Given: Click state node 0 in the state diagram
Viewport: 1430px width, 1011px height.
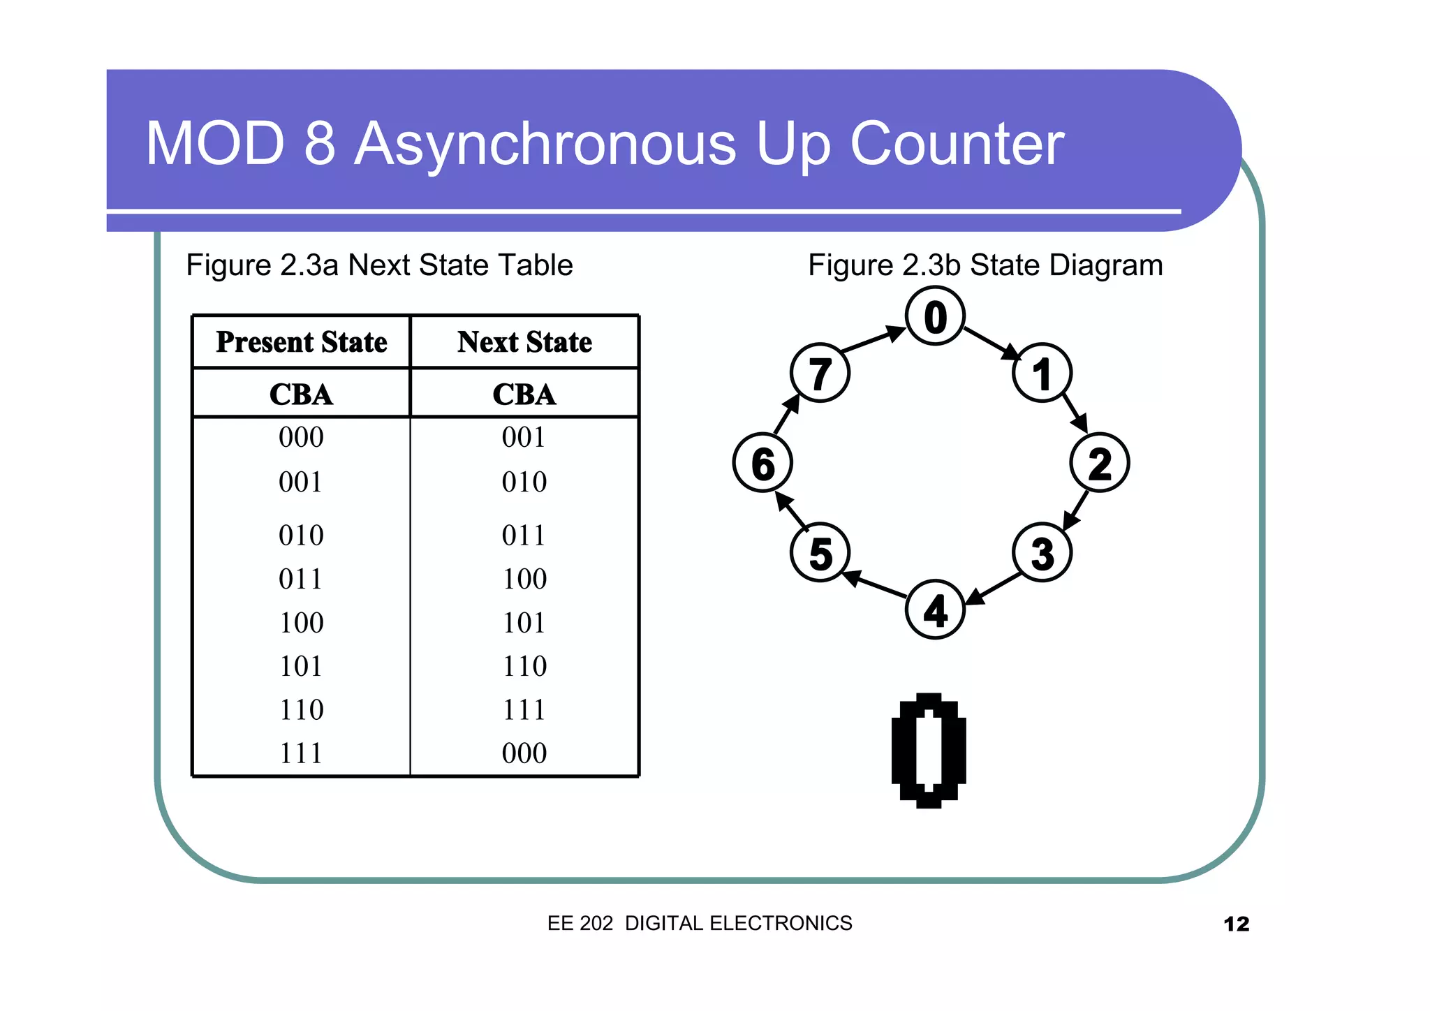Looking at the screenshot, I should tap(935, 317).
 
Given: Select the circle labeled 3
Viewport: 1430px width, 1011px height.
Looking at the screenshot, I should tap(1042, 553).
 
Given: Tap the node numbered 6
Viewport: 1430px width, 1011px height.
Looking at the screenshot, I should tap(762, 463).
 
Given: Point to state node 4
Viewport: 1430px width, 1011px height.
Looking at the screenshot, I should tap(935, 610).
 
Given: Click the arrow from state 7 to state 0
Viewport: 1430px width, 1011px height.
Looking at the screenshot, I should tap(873, 339).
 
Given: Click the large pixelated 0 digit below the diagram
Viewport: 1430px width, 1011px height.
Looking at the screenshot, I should tap(929, 751).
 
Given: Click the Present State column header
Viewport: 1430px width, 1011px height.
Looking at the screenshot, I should tap(301, 342).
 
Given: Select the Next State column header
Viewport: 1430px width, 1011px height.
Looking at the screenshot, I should tap(524, 342).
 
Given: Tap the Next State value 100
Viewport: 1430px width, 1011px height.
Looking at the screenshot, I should tap(524, 579).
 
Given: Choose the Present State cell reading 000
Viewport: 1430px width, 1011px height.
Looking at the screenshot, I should tap(301, 437).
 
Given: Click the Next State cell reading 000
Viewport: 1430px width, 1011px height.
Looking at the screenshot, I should tap(524, 753).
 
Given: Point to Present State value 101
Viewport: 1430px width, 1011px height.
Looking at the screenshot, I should tap(301, 666).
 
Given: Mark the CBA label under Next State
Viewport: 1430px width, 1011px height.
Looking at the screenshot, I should tap(524, 394).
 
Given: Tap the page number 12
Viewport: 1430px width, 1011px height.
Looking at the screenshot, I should tap(1236, 924).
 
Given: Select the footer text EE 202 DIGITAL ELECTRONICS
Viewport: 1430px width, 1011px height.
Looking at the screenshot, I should tap(700, 923).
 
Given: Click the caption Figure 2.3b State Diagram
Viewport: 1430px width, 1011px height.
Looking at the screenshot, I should tap(985, 265).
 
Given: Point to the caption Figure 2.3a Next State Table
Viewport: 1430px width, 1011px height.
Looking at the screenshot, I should tap(379, 265).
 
